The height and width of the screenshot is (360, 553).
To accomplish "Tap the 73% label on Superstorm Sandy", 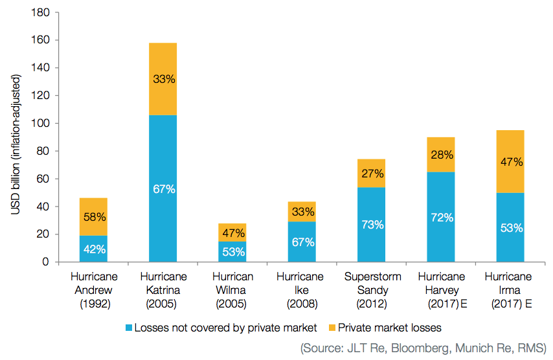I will coord(372,225).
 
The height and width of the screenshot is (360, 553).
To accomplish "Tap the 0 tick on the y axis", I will coord(47,262).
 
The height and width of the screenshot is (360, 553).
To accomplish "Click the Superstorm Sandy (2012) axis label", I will coord(372,289).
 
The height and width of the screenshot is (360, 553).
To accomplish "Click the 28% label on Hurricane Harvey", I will coord(441,155).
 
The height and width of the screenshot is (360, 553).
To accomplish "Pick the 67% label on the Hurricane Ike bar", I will coord(302,242).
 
